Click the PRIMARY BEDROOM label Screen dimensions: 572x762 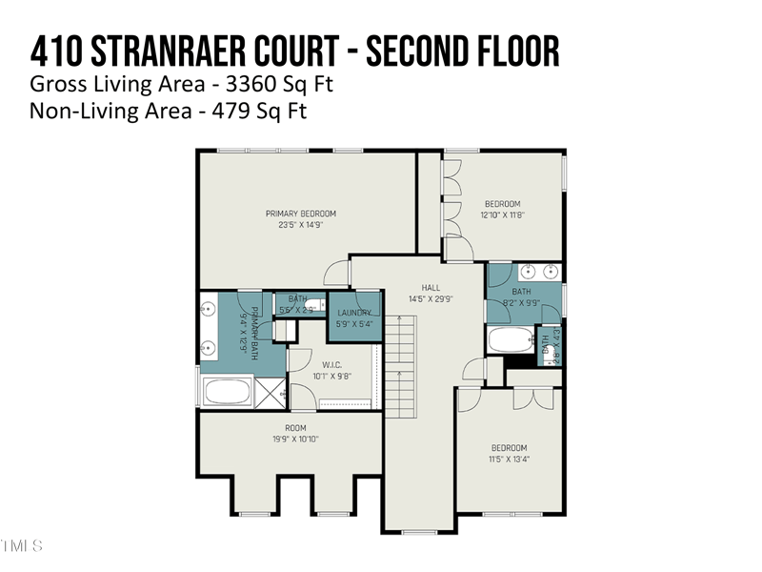point(300,214)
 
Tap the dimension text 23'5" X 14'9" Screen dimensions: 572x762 point(300,226)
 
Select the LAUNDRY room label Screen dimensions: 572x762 point(353,313)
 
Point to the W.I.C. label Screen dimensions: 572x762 point(332,362)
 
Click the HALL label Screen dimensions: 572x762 point(431,286)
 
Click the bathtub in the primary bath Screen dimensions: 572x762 point(229,392)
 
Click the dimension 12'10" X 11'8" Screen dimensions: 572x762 point(502,215)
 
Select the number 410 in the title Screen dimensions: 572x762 point(53,51)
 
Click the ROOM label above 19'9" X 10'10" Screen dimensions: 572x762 point(295,428)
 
